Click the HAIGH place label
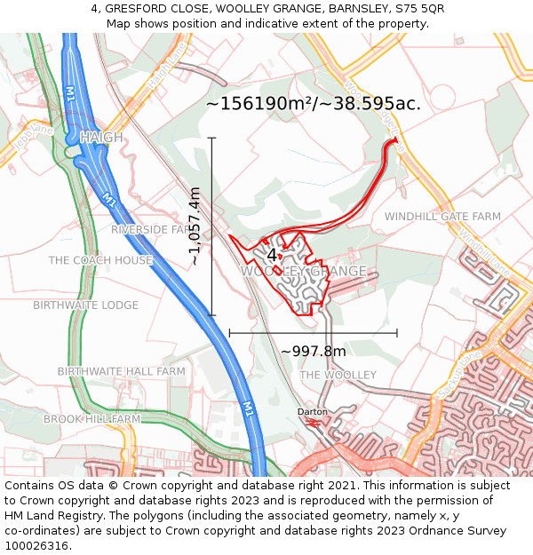pyautogui.click(x=101, y=138)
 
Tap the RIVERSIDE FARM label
pyautogui.click(x=151, y=229)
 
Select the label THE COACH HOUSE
pyautogui.click(x=100, y=260)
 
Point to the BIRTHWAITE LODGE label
pyautogui.click(x=85, y=305)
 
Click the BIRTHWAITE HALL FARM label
pyautogui.click(x=121, y=371)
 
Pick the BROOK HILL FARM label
pyautogui.click(x=91, y=418)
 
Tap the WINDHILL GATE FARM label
pyautogui.click(x=442, y=217)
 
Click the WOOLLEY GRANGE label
pyautogui.click(x=304, y=271)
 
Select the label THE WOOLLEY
pyautogui.click(x=338, y=376)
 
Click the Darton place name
pyautogui.click(x=312, y=412)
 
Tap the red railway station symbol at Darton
pyautogui.click(x=312, y=423)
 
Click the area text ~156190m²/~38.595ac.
pyautogui.click(x=314, y=104)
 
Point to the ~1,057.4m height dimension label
pyautogui.click(x=195, y=226)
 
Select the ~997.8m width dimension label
pyautogui.click(x=314, y=352)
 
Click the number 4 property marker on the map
pyautogui.click(x=272, y=255)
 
